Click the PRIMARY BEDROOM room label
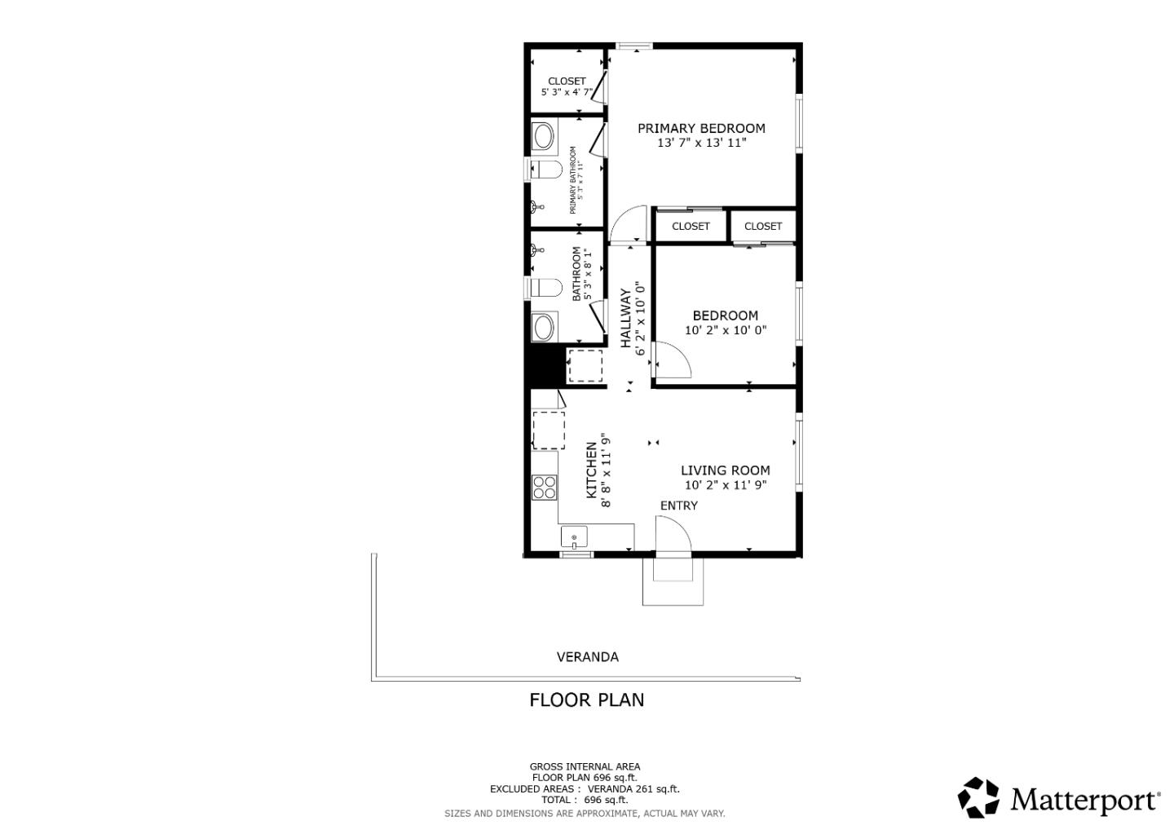coord(701,128)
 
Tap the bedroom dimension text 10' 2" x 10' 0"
coord(726,330)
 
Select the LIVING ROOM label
coord(725,470)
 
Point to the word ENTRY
coord(678,506)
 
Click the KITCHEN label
coord(592,470)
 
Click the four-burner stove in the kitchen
coord(544,488)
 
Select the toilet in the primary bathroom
coord(545,170)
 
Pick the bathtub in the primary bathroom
coord(543,136)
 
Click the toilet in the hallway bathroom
coord(545,288)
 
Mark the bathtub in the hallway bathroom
coord(543,328)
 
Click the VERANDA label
coord(587,656)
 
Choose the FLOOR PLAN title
coord(586,700)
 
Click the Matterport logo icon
coord(978,797)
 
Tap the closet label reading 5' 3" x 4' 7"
coord(567,92)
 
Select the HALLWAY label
coord(626,318)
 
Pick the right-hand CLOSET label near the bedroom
coord(762,226)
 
